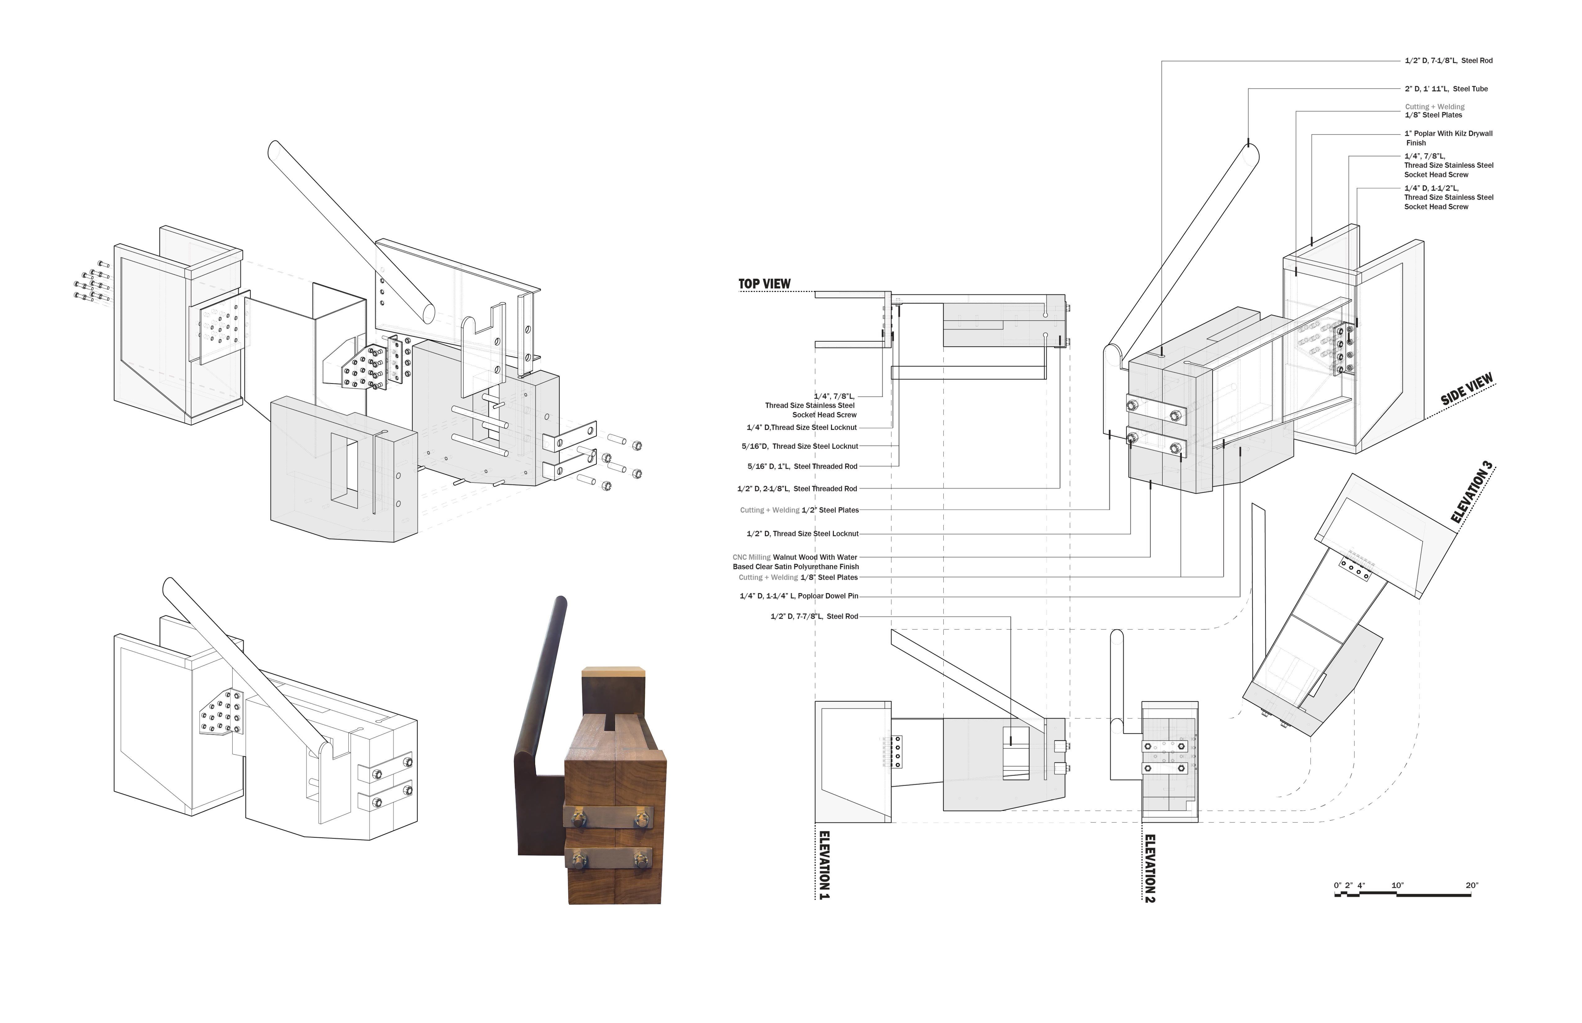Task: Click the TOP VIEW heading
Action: pyautogui.click(x=764, y=284)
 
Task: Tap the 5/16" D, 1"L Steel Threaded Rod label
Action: pyautogui.click(x=802, y=466)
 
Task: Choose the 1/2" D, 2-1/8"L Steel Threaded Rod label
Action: pyautogui.click(x=797, y=489)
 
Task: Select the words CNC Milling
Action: pyautogui.click(x=751, y=557)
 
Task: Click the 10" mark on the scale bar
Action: pyautogui.click(x=1397, y=885)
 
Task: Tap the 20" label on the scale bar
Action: pyautogui.click(x=1472, y=885)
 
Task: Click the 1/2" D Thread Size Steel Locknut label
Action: pyautogui.click(x=802, y=534)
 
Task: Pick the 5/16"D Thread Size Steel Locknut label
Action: pyautogui.click(x=800, y=446)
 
